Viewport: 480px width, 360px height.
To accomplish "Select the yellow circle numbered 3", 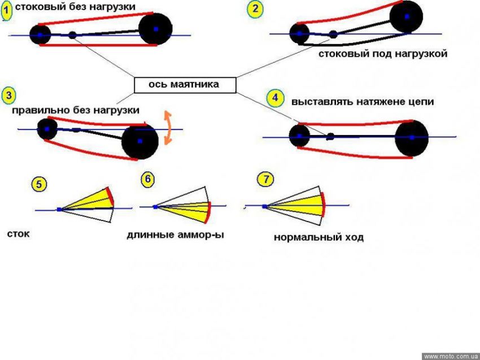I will click(x=8, y=96).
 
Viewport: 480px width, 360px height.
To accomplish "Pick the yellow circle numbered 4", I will click(x=275, y=98).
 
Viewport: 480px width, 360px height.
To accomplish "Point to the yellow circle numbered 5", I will click(x=39, y=184).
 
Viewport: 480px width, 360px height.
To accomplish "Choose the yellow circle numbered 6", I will click(x=147, y=180).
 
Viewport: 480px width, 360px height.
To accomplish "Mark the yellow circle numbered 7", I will click(x=265, y=180).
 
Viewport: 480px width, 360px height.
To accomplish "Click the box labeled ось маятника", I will click(x=184, y=85).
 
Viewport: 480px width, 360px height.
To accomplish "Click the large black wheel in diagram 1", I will click(x=155, y=29).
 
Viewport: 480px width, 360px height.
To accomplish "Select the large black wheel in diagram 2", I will click(x=406, y=17).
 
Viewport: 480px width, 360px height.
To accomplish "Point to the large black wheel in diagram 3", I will click(x=139, y=142).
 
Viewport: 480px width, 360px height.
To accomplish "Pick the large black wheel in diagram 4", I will click(x=412, y=137).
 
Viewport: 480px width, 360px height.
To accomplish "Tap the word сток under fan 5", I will click(x=19, y=233).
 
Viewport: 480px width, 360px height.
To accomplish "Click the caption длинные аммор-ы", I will click(x=175, y=235).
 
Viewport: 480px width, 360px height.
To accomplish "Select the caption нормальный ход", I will click(x=318, y=237).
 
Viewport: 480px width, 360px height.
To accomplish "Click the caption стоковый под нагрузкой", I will click(x=383, y=54).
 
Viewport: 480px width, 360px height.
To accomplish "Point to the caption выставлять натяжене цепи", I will click(x=363, y=102).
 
